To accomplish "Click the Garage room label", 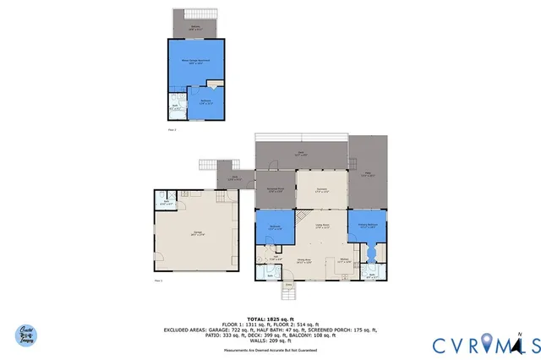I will pos(198,235).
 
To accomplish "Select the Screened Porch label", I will pos(275,189).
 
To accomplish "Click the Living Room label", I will pos(321,226).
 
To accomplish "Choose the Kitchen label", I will pos(344,260).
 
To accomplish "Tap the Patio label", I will pos(368,173).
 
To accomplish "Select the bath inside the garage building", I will pos(167,201).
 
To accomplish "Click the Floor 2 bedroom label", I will pos(204,102).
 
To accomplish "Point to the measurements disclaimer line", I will pos(270,349).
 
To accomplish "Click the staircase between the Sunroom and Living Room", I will pos(303,216).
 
